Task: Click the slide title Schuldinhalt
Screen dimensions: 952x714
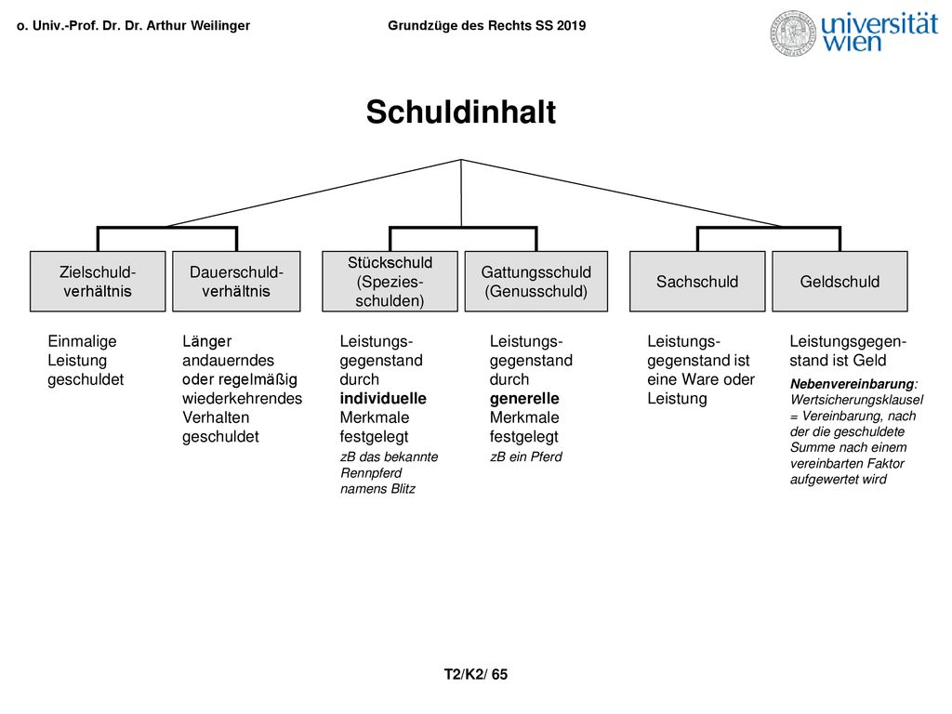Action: coord(461,112)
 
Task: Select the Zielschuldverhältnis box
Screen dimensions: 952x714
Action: coord(98,281)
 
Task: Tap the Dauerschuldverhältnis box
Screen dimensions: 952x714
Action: coord(236,281)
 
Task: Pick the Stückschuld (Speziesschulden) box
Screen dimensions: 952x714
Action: coord(390,281)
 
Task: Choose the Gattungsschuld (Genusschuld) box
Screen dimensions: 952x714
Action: coord(536,281)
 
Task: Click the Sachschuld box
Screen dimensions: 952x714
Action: coord(697,281)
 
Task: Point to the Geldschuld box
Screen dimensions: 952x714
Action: coord(840,281)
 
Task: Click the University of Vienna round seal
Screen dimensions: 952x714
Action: coord(793,33)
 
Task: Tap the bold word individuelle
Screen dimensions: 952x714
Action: coord(383,398)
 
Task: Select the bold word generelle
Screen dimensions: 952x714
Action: coord(524,398)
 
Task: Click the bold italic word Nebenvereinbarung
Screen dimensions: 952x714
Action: coord(853,384)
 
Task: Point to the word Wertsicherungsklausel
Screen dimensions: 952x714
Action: coord(856,400)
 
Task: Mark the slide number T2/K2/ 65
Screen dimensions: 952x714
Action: coord(475,675)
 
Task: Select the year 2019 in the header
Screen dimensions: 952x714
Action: coord(572,25)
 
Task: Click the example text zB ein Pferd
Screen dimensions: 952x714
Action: coord(526,456)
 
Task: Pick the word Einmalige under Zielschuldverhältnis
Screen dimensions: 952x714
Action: coord(82,341)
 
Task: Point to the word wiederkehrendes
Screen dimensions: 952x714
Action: coord(243,398)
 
